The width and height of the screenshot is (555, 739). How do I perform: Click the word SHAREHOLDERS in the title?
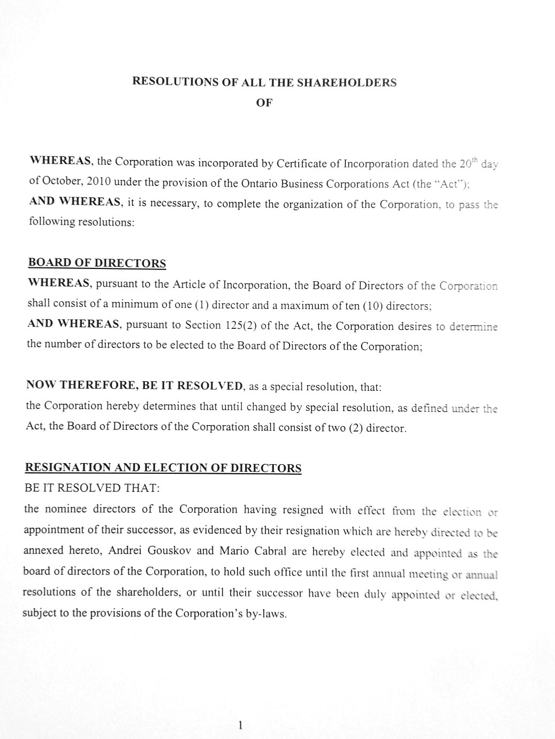pyautogui.click(x=346, y=83)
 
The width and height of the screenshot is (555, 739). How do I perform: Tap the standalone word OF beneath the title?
pyautogui.click(x=264, y=103)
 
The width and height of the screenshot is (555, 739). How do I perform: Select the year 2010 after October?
pyautogui.click(x=98, y=181)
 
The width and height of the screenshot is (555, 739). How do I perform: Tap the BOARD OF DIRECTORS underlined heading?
pyautogui.click(x=97, y=263)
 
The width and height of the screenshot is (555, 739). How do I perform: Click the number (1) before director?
pyautogui.click(x=201, y=305)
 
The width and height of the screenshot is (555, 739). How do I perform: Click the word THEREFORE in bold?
pyautogui.click(x=97, y=386)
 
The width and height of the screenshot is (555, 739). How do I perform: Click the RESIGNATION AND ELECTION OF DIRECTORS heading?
pyautogui.click(x=163, y=468)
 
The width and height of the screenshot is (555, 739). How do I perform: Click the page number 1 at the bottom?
pyautogui.click(x=241, y=725)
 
